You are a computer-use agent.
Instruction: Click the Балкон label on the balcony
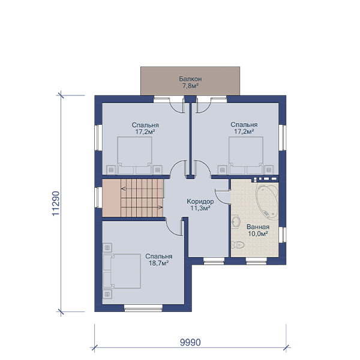click(x=190, y=79)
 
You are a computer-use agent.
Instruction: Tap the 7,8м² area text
click(x=190, y=86)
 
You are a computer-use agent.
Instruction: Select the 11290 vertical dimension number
click(x=56, y=203)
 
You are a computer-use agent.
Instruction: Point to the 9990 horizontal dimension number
click(x=190, y=343)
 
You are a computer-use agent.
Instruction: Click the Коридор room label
click(x=200, y=202)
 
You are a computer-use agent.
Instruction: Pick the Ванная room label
click(x=258, y=227)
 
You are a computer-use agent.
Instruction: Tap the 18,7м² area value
click(x=159, y=263)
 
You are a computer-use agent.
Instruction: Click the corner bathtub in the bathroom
click(x=267, y=201)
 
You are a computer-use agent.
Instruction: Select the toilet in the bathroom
click(x=238, y=245)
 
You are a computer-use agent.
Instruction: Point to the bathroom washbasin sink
click(x=236, y=221)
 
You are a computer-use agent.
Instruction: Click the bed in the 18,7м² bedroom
click(x=122, y=271)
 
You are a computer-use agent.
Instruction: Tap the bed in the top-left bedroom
click(x=134, y=155)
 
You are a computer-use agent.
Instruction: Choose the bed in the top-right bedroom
click(x=246, y=155)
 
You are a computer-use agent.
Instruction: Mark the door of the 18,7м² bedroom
click(x=174, y=228)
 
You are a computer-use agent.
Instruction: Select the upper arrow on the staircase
click(x=123, y=189)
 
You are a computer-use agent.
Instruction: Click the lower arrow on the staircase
click(x=160, y=208)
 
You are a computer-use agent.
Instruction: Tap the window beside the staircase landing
click(x=99, y=197)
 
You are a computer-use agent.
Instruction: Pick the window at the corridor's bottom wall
click(x=214, y=261)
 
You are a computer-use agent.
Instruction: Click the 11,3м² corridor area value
click(x=200, y=208)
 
